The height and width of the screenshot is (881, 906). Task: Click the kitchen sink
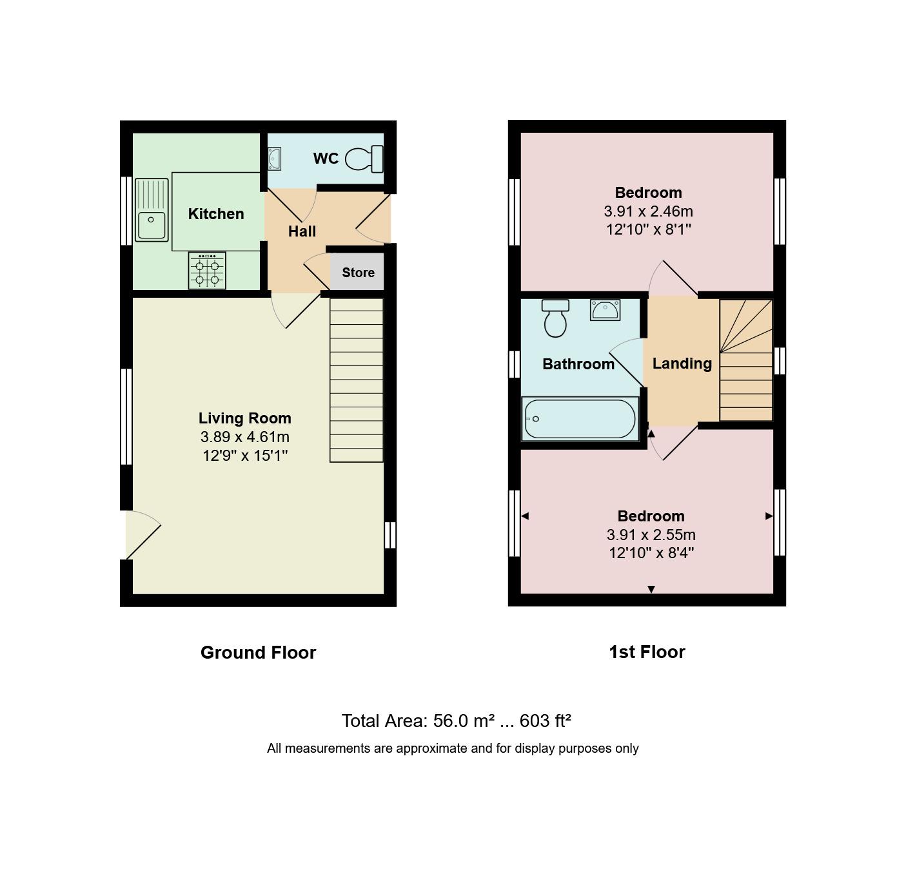(152, 210)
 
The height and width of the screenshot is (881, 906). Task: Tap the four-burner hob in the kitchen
(207, 271)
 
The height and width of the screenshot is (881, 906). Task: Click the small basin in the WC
(275, 159)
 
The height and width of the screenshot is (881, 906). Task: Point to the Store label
(358, 273)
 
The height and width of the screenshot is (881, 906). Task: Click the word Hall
(302, 231)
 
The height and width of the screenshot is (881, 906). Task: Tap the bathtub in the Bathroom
(580, 420)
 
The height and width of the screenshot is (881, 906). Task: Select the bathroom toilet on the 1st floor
(555, 318)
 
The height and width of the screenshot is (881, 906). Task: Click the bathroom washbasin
(605, 310)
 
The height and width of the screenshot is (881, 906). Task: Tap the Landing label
(682, 363)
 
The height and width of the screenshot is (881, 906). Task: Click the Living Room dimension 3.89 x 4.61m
(244, 437)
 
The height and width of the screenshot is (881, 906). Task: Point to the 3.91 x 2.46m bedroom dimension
(648, 211)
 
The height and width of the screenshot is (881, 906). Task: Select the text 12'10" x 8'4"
(651, 553)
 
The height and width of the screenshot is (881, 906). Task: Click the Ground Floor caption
(258, 652)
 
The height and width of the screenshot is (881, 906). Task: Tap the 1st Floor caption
(647, 652)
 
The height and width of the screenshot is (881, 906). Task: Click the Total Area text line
(456, 721)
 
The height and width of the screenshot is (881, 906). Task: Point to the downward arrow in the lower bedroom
(651, 589)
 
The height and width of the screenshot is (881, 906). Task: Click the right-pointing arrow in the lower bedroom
(769, 516)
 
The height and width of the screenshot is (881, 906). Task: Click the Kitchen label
(215, 214)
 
